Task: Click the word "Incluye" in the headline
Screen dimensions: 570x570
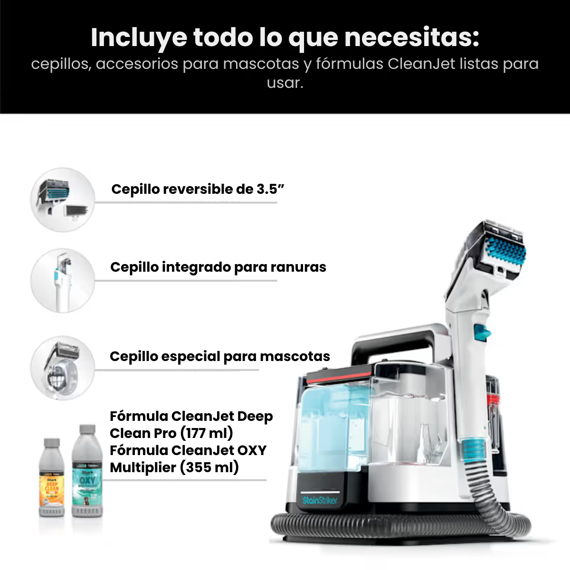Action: (139, 38)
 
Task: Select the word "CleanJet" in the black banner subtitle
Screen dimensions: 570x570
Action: (421, 64)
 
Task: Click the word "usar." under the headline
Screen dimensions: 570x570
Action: (285, 83)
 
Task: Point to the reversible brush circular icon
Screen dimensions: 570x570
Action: (63, 200)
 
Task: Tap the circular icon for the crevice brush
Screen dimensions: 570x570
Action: (63, 281)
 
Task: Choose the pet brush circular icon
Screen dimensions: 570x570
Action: (63, 368)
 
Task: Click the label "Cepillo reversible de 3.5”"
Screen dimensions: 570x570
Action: (198, 189)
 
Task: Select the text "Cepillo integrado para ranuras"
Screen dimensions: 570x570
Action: (218, 267)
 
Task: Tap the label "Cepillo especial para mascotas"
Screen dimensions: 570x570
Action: (219, 356)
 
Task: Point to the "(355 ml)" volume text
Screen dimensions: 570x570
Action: (209, 467)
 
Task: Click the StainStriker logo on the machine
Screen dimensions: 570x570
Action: (320, 500)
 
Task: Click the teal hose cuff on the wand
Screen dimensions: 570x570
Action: (474, 450)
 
